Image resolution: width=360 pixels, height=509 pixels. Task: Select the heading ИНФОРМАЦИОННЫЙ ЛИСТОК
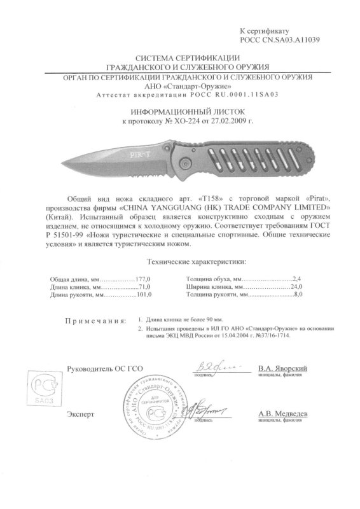tap(179, 109)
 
